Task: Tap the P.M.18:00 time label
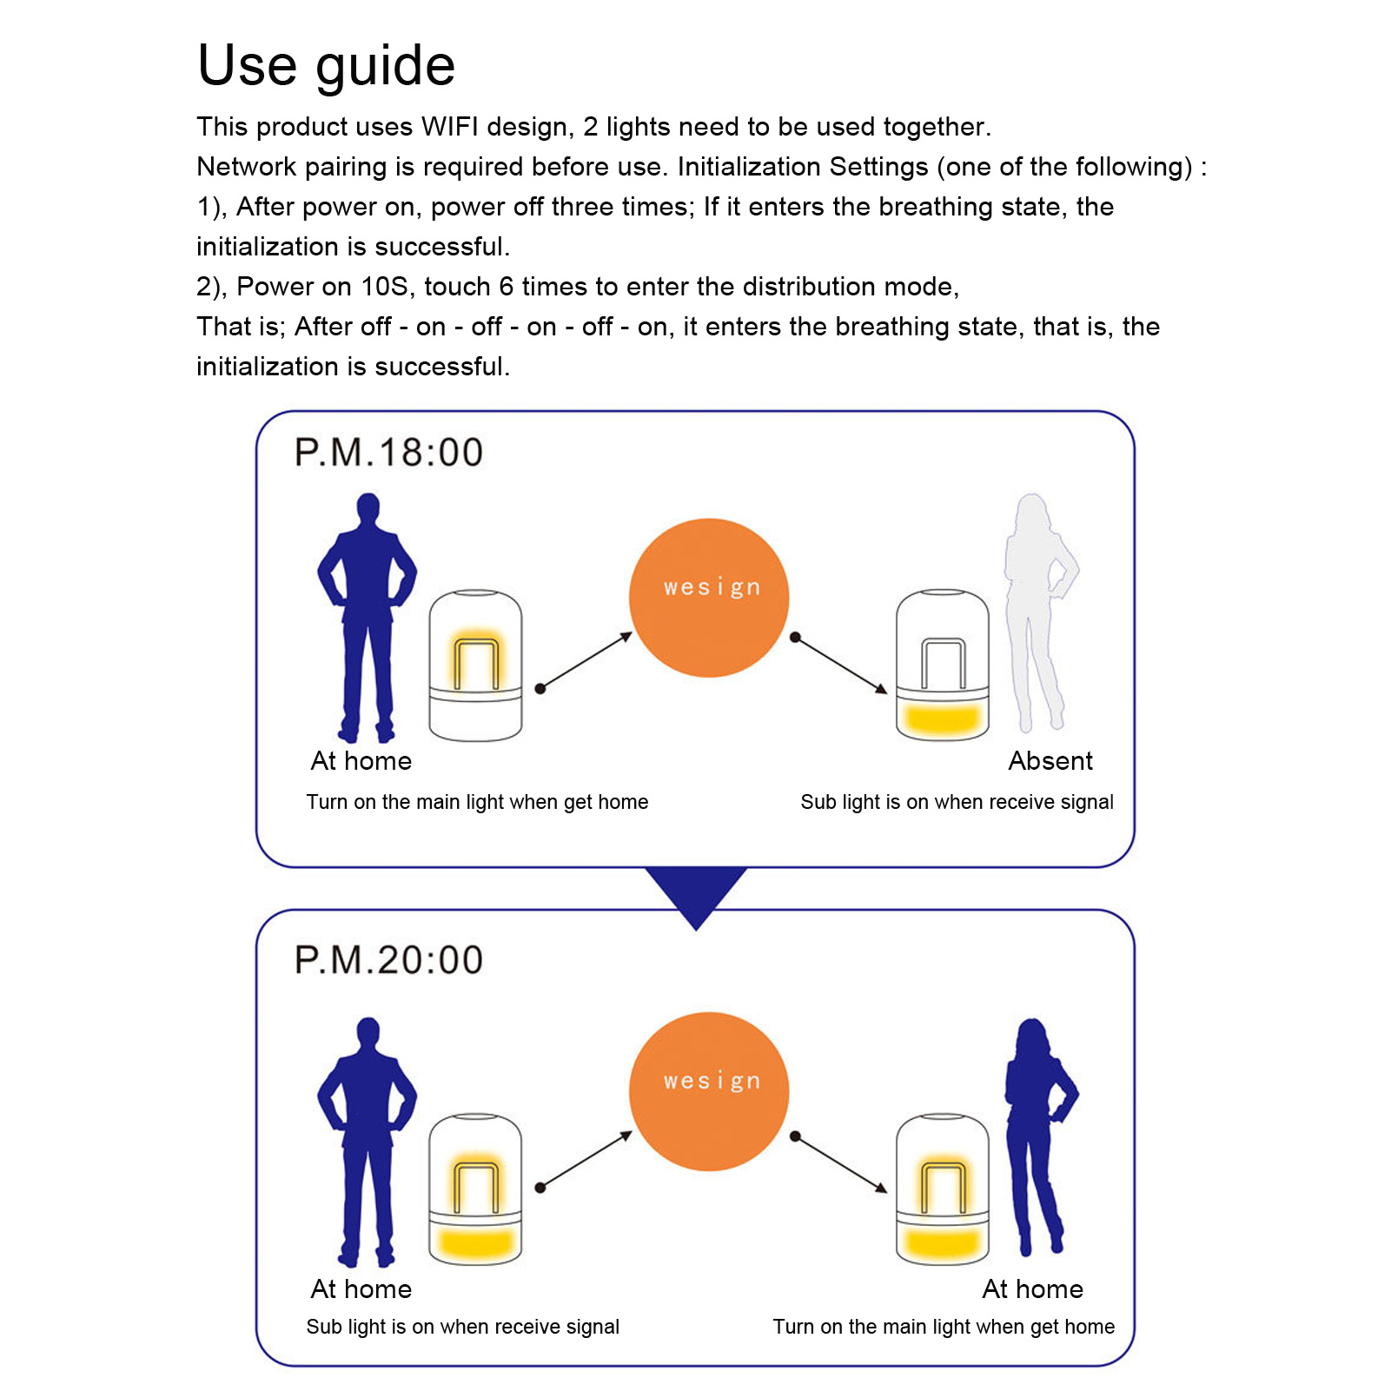pyautogui.click(x=388, y=453)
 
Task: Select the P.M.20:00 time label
pyautogui.click(x=388, y=960)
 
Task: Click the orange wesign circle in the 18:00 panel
pyautogui.click(x=709, y=598)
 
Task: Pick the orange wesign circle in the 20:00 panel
pyautogui.click(x=709, y=1091)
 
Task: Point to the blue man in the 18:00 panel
pyautogui.click(x=367, y=618)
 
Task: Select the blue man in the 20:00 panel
pyautogui.click(x=367, y=1142)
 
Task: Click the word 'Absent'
pyautogui.click(x=1050, y=761)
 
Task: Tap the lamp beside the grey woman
pyautogui.click(x=943, y=665)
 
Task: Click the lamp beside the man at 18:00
pyautogui.click(x=475, y=665)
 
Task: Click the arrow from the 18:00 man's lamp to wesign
pyautogui.click(x=584, y=661)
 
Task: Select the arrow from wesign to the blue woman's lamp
pyautogui.click(x=839, y=1164)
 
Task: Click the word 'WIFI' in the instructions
pyautogui.click(x=449, y=127)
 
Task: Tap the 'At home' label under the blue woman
pyautogui.click(x=1033, y=1289)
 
